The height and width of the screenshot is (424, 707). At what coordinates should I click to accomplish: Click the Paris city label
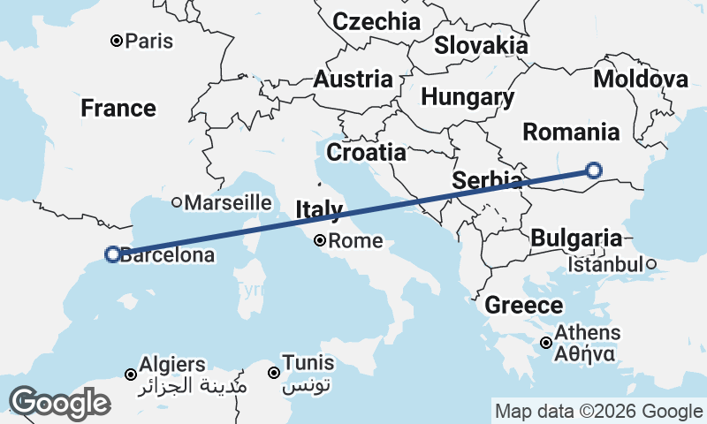coord(149,41)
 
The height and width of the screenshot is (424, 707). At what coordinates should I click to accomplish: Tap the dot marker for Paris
coord(117,41)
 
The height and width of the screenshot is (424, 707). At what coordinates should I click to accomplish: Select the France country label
coord(118,109)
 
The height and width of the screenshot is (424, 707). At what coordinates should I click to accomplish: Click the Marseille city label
coord(227,202)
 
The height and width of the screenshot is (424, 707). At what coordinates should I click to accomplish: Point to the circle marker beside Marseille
coord(177,202)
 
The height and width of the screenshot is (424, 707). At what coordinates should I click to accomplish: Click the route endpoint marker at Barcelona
coord(112,254)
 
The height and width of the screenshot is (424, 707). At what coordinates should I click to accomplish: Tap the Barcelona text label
coord(167,256)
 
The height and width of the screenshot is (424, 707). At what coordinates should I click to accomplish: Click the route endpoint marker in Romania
coord(594,170)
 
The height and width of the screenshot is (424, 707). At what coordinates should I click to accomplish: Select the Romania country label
coord(571,132)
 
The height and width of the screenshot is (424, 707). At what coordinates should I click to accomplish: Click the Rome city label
coord(356,240)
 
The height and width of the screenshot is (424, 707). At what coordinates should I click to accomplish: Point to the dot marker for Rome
coord(320,240)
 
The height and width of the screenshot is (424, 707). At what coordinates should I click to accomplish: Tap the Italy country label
coord(319,209)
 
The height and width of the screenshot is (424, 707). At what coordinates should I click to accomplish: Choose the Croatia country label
coord(366,152)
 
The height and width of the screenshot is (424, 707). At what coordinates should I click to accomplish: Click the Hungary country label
coord(468,96)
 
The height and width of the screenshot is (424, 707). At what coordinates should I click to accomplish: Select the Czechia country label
coord(376,21)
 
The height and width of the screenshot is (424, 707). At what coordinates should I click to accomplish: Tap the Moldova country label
coord(641,79)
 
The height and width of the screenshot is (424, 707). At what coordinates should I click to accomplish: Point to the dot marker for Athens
coord(547,343)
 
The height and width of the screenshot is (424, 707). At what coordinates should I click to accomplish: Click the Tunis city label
coord(308,362)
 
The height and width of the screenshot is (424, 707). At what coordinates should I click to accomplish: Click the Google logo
coord(59,402)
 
